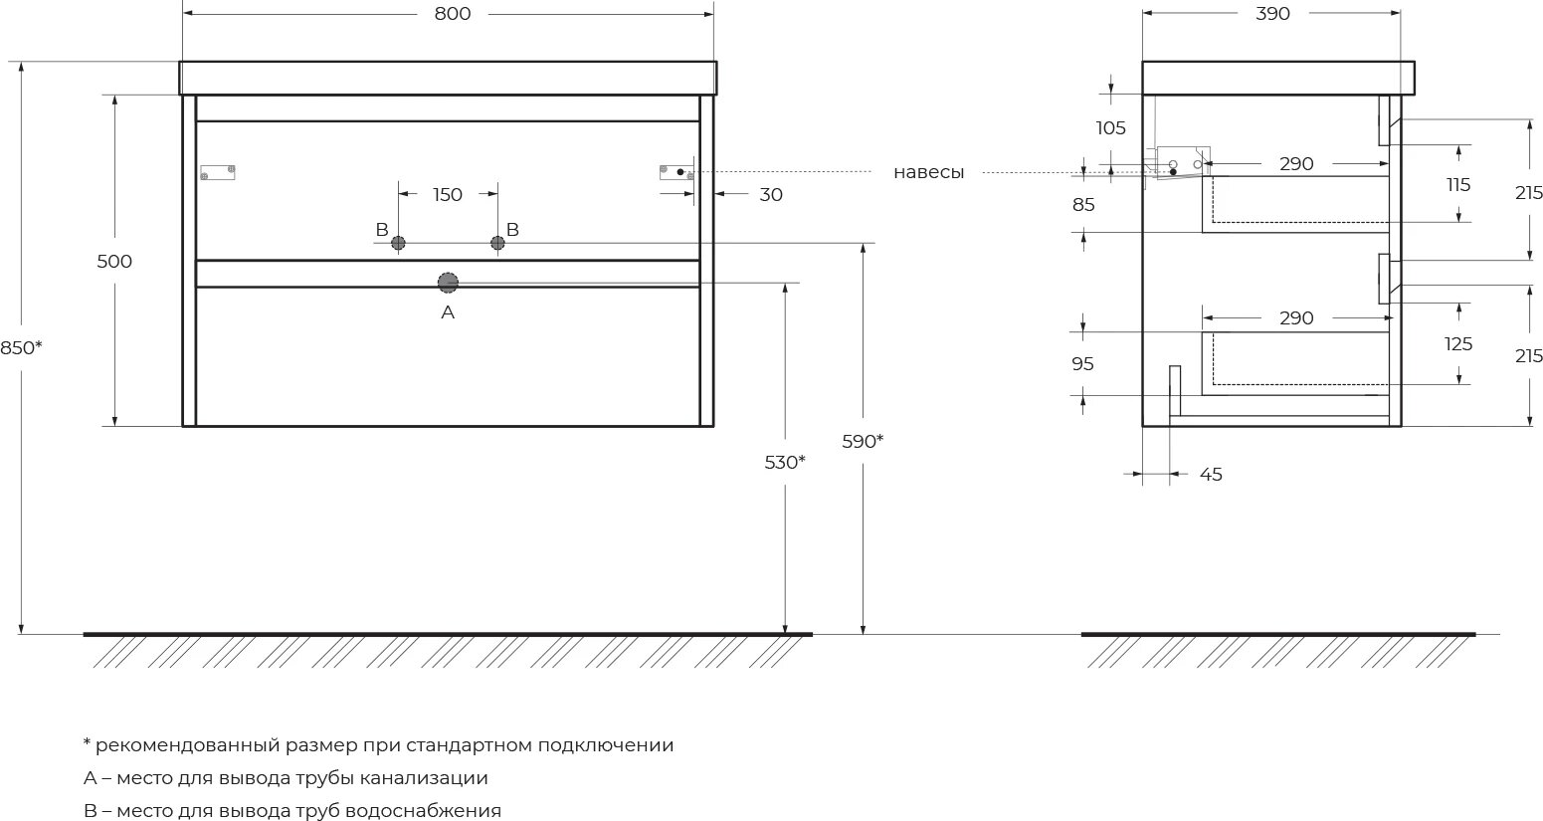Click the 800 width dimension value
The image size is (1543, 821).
452,14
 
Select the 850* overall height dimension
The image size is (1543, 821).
22,347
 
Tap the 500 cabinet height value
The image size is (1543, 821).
114,262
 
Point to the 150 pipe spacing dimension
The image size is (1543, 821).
448,195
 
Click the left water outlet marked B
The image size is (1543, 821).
398,243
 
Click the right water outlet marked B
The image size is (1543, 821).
497,243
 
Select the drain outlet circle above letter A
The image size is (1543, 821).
448,283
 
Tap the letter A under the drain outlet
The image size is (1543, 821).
448,312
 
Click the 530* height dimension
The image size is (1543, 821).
785,462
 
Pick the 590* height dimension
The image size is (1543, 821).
863,441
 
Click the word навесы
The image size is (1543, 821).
928,172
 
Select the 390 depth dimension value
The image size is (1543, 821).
1272,14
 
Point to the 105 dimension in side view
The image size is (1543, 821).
1110,128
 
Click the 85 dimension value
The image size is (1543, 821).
1083,205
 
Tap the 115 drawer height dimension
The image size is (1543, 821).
1458,185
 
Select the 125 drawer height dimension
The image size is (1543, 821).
1458,344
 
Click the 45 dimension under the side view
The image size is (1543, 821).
1210,475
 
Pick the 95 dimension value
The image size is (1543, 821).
1083,364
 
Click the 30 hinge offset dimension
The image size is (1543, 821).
771,195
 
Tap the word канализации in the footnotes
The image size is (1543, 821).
424,778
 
